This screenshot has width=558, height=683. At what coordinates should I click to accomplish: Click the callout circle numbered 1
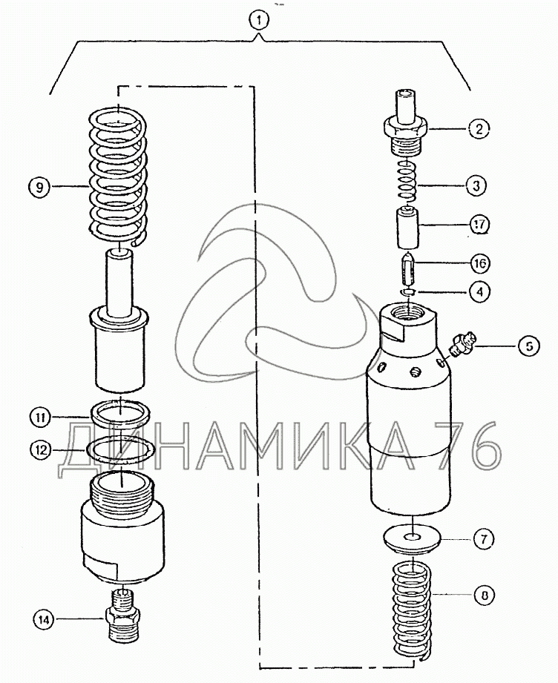(x=260, y=20)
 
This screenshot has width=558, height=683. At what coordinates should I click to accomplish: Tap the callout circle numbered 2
(x=479, y=128)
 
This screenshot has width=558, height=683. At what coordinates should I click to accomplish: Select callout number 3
(x=476, y=185)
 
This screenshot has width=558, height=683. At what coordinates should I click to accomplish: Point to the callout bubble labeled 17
(x=479, y=225)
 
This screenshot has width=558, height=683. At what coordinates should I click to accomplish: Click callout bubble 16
(x=479, y=263)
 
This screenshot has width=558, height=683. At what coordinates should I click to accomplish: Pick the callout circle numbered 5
(x=529, y=346)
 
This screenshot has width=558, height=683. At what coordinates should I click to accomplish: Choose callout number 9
(x=40, y=188)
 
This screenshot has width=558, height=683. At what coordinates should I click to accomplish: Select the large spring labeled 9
(x=119, y=176)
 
